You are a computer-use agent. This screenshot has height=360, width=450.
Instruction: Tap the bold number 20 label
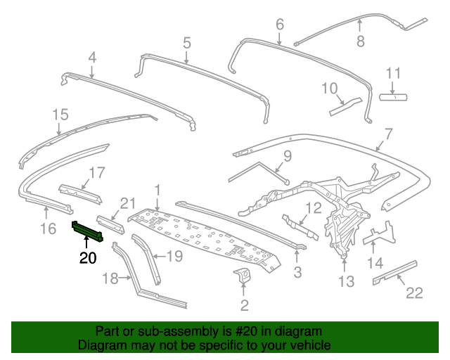88,258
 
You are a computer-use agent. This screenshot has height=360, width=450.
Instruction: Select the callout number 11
393,73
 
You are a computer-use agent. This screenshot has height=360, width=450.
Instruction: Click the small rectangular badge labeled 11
394,96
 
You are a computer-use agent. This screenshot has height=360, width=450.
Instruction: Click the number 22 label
415,293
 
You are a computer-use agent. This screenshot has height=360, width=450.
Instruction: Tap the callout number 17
96,172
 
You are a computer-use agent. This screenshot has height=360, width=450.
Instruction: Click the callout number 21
127,203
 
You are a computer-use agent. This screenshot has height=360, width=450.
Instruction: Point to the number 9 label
287,155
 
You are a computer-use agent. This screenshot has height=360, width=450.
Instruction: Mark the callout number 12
313,207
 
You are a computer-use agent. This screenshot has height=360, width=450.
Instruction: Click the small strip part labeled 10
345,106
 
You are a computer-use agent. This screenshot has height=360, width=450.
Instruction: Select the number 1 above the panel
158,189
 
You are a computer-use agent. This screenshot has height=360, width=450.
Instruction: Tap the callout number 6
279,25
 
